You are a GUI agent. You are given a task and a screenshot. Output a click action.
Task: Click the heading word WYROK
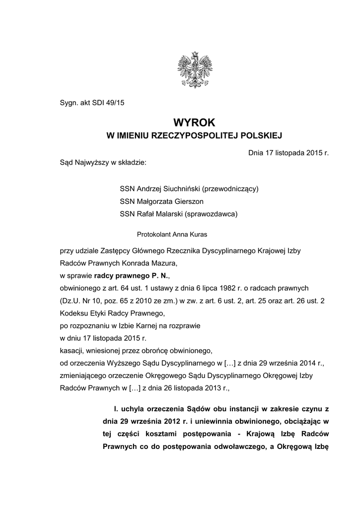[x=195, y=122]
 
